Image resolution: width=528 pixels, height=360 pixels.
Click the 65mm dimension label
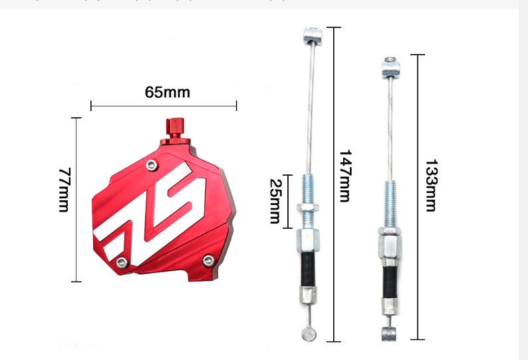tap(168, 92)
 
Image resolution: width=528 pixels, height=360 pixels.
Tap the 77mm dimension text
tap(64, 190)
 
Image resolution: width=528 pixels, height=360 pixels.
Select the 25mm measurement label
tap(275, 201)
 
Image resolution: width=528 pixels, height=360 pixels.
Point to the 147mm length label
tap(345, 176)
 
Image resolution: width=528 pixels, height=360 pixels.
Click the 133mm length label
tap(431, 186)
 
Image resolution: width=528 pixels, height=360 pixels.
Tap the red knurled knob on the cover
tap(176, 131)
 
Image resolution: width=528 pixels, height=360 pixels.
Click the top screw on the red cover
tap(152, 165)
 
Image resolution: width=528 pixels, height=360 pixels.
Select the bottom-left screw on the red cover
tap(122, 263)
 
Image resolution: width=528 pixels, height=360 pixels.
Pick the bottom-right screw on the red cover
tap(209, 261)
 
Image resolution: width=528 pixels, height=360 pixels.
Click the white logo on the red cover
tap(150, 214)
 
